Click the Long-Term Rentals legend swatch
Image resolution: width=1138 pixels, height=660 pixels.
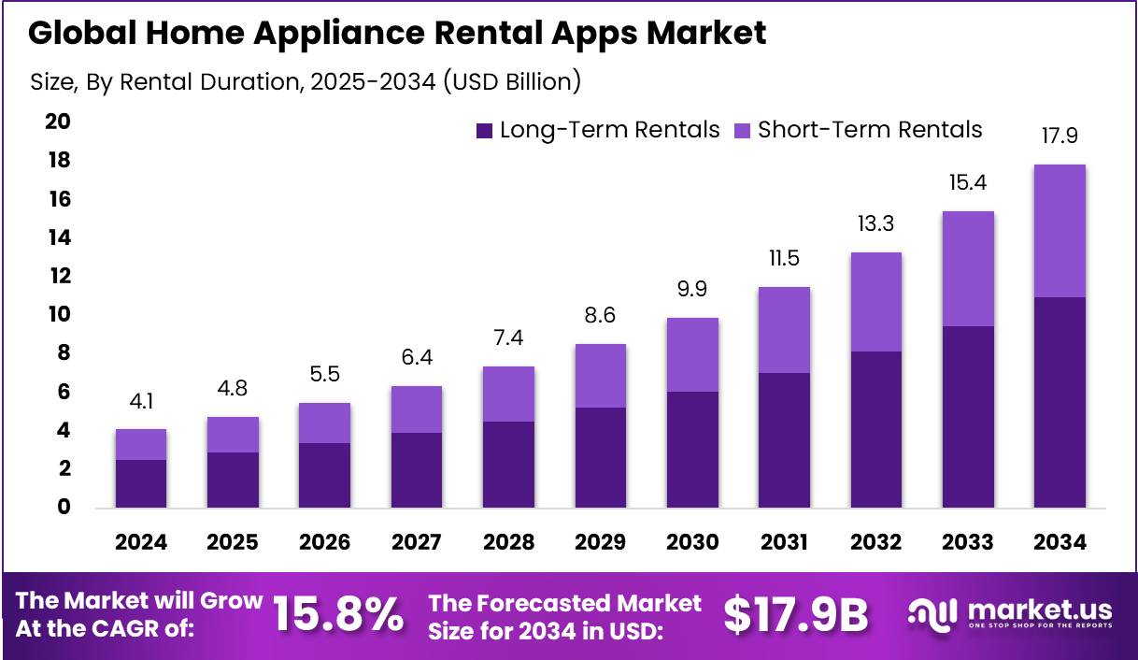[484, 131]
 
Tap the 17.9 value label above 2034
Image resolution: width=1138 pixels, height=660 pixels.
[1060, 136]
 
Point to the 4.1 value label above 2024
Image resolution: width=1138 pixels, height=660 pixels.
[142, 402]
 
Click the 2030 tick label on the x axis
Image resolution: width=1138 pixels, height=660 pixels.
[692, 543]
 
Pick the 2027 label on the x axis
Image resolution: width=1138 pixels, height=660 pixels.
[417, 543]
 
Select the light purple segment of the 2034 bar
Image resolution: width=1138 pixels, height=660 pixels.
[1060, 231]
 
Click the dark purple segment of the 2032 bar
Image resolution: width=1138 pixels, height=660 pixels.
[875, 429]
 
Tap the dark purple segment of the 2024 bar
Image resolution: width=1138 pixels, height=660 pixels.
[142, 483]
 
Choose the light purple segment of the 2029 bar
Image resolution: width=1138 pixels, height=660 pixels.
[601, 376]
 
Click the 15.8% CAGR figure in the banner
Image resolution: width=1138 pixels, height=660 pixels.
[338, 615]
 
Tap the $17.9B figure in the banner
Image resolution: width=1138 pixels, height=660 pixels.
[796, 615]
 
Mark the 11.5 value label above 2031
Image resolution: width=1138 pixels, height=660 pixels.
[784, 259]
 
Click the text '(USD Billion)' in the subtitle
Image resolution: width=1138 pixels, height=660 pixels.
[511, 82]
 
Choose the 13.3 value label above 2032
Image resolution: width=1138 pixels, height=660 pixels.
[875, 224]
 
